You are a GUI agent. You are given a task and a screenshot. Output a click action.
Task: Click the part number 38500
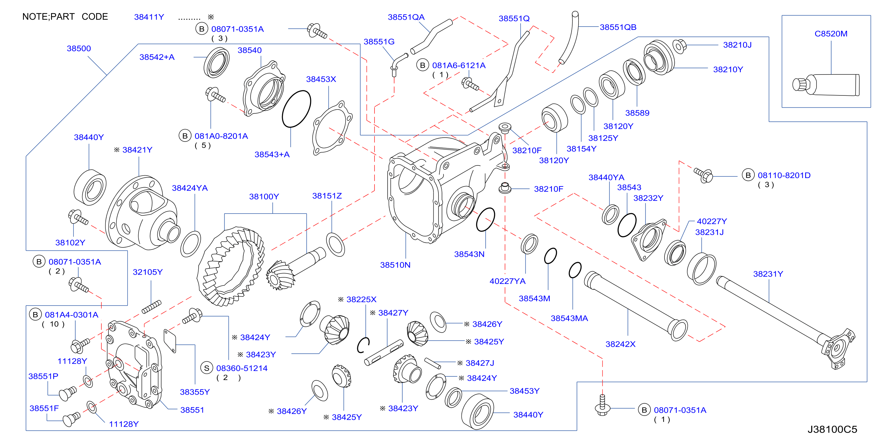coord(79,48)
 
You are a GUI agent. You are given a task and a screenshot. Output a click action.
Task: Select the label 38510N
coord(395,265)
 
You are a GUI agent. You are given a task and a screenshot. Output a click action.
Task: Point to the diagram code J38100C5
coord(832,429)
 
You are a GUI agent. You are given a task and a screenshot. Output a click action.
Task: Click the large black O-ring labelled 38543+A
coord(296,109)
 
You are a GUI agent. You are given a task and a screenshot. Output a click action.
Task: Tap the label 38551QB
coord(618,27)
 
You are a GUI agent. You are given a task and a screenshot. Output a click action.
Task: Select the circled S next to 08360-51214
coord(207,368)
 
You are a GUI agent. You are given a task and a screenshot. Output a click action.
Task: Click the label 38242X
coord(620,344)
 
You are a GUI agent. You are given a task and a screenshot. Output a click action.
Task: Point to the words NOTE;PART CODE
coord(65,17)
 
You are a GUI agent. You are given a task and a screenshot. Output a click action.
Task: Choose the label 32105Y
coord(148,272)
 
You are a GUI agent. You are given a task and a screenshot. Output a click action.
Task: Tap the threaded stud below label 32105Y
coord(151,307)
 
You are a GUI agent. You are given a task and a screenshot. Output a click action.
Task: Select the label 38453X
coord(321,79)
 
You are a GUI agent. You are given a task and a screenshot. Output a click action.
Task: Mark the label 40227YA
coord(507,281)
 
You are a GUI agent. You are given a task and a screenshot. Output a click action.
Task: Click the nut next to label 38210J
coord(680,46)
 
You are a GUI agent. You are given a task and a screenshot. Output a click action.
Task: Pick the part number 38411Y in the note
coord(149,17)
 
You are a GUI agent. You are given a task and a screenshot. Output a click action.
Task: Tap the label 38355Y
coord(195,392)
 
